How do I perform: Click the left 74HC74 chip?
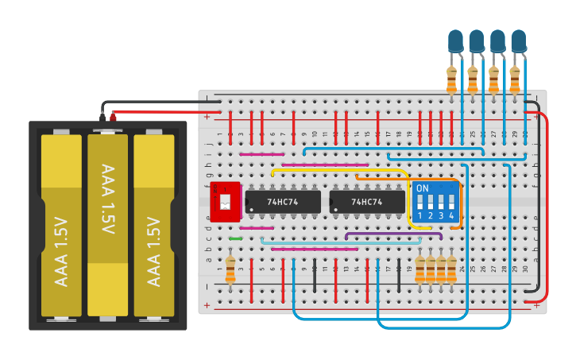(x=283, y=202)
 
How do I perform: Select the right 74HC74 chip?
(x=367, y=202)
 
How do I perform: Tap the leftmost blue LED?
(x=455, y=41)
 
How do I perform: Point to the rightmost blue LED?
(x=518, y=41)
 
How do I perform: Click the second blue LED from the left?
(x=476, y=41)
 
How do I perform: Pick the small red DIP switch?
(x=225, y=202)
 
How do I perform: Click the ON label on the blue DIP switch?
(x=423, y=188)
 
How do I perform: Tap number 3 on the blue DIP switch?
(x=441, y=215)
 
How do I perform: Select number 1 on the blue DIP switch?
(x=420, y=215)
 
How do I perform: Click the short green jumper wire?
(x=235, y=238)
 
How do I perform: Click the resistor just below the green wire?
(x=230, y=269)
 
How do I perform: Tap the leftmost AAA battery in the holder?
(x=61, y=225)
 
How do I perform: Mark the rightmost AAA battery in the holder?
(x=154, y=225)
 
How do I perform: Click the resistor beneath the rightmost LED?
(x=514, y=79)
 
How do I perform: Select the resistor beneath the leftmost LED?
(x=452, y=79)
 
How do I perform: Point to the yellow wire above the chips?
(x=342, y=169)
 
